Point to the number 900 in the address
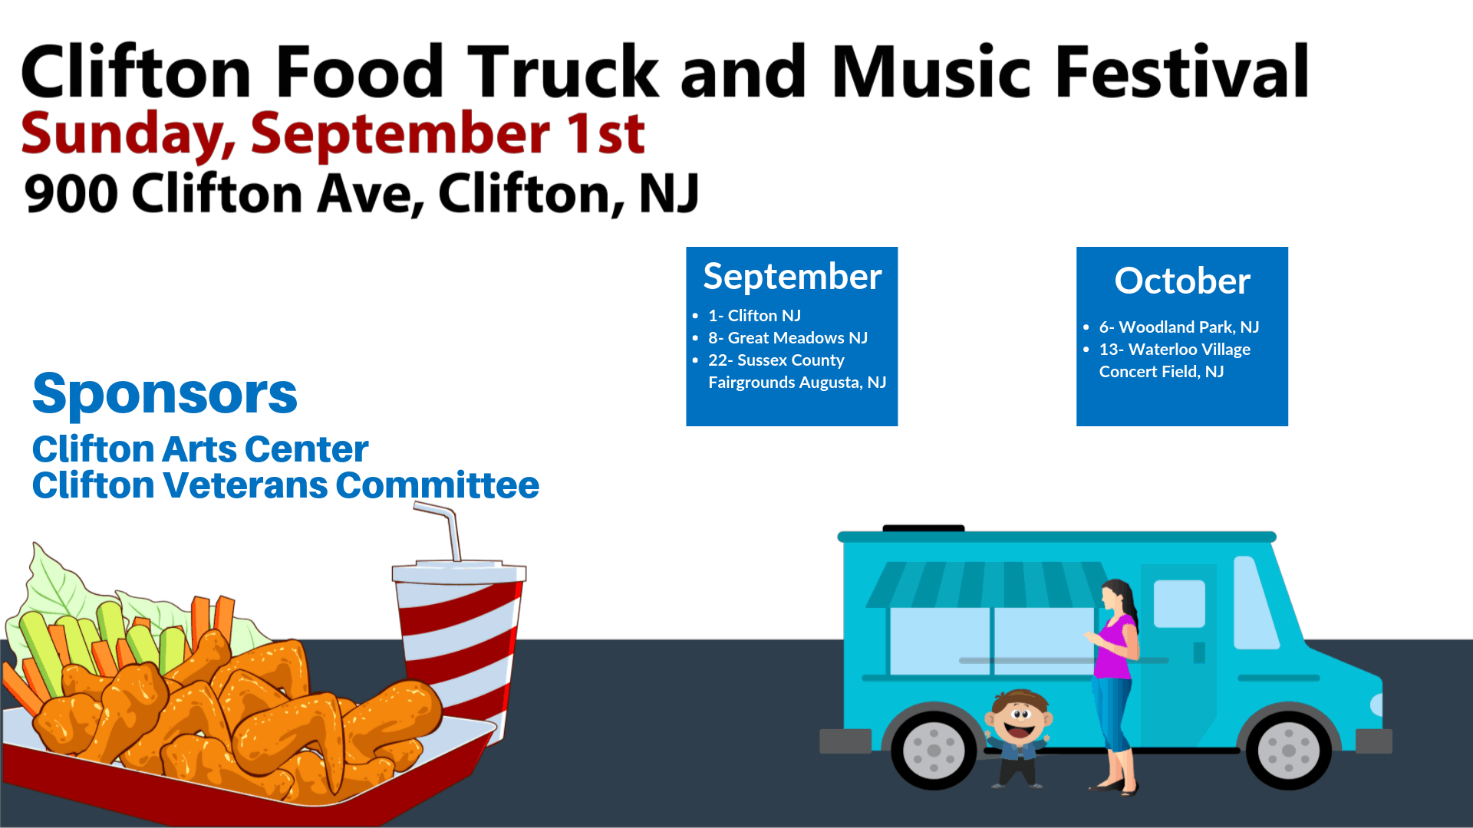(x=71, y=193)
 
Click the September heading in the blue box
(x=793, y=277)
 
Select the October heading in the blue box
(x=1182, y=281)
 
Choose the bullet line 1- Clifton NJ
(x=754, y=315)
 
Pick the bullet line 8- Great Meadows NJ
(x=788, y=337)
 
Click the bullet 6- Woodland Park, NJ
(x=1179, y=327)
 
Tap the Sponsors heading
(x=165, y=394)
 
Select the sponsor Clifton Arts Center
(x=200, y=449)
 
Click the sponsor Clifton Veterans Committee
(x=285, y=485)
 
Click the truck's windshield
(x=1256, y=603)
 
